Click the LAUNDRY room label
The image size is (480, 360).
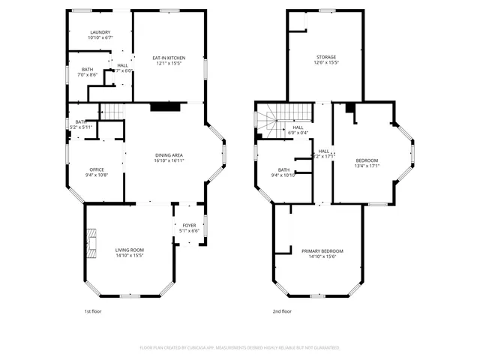(x=100, y=32)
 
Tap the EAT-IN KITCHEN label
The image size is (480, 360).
(x=169, y=58)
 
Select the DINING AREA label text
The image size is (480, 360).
(x=169, y=154)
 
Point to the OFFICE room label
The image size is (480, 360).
(x=97, y=169)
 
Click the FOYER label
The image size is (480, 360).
(x=189, y=225)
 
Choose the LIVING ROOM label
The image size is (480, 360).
(x=129, y=250)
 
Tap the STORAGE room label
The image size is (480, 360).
(x=325, y=57)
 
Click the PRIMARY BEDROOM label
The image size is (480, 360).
(x=322, y=250)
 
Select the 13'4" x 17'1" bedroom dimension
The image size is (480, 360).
(x=367, y=166)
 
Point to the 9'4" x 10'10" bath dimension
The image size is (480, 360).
(x=283, y=175)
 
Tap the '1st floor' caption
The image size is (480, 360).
(x=92, y=310)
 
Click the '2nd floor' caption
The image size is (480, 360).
(x=282, y=310)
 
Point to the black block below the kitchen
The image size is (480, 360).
(x=165, y=106)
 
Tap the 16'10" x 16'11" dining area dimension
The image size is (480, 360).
(x=169, y=160)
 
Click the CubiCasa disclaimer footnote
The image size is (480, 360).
(x=240, y=347)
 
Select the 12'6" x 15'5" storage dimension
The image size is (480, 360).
(x=325, y=63)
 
